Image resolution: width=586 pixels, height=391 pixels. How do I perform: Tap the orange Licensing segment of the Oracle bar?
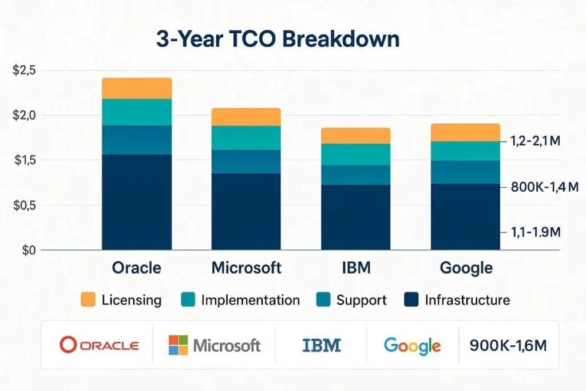pyautogui.click(x=137, y=88)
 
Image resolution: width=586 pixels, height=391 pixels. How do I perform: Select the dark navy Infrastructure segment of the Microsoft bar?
pyautogui.click(x=246, y=211)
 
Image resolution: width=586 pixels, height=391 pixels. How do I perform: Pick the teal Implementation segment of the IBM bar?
pyautogui.click(x=355, y=154)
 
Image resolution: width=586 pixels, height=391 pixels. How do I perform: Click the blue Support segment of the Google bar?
pyautogui.click(x=465, y=172)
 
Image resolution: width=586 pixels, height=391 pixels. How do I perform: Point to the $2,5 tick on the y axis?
pyautogui.click(x=23, y=70)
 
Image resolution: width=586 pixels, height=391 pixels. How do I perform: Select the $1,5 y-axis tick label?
pyautogui.click(x=23, y=160)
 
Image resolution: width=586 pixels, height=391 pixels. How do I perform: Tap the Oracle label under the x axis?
pyautogui.click(x=137, y=268)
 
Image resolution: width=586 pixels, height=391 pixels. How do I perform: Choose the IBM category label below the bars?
pyautogui.click(x=355, y=268)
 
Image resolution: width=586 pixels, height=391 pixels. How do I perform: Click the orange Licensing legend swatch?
pyautogui.click(x=88, y=299)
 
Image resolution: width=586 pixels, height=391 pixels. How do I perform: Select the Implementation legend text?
pyautogui.click(x=250, y=300)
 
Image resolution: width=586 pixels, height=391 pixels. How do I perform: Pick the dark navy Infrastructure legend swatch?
pyautogui.click(x=411, y=299)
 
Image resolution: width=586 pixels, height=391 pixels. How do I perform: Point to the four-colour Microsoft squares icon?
pyautogui.click(x=178, y=345)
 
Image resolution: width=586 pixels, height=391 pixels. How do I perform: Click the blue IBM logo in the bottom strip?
pyautogui.click(x=322, y=345)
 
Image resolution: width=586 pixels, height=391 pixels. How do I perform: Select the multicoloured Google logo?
pyautogui.click(x=412, y=345)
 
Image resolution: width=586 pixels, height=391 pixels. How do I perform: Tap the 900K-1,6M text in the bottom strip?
pyautogui.click(x=507, y=345)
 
